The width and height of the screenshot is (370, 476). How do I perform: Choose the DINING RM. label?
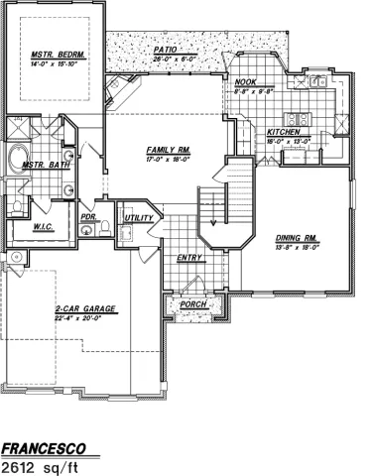[x=295, y=237]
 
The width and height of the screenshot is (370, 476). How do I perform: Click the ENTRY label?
[x=189, y=258]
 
